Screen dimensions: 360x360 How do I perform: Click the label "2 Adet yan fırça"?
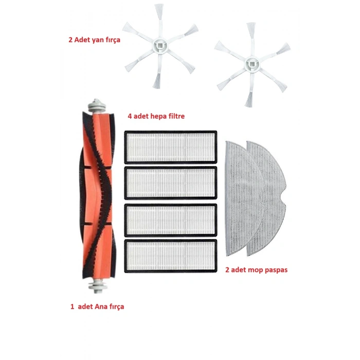94,40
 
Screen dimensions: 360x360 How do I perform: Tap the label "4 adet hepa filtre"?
156,116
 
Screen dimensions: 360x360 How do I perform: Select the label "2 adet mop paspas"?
257,270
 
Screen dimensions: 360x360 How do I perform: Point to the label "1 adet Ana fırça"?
97,307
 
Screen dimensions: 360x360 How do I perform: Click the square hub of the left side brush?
160,45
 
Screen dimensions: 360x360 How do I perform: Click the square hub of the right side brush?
252,64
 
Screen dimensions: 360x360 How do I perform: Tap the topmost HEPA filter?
171,147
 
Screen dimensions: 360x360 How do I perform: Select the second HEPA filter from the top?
171,183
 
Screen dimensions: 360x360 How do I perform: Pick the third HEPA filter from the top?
171,220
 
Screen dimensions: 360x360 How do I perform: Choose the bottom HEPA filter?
171,256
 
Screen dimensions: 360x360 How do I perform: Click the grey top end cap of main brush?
97,106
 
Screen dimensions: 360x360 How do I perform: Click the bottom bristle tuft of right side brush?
249,100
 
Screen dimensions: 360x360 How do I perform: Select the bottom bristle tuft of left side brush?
157,81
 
